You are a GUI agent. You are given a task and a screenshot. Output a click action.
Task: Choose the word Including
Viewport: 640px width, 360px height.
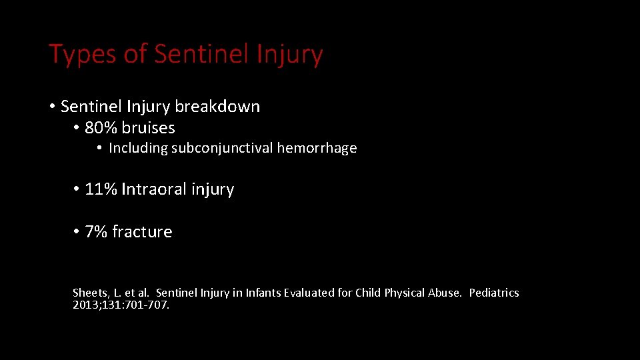coord(137,148)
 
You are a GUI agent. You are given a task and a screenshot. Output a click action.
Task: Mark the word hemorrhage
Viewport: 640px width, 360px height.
coord(317,148)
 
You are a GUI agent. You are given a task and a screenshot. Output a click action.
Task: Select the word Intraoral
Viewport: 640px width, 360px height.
coord(145,189)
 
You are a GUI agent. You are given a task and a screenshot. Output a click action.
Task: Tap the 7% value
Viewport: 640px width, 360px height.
coord(96,232)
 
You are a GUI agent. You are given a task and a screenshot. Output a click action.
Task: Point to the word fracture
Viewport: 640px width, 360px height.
coord(142,232)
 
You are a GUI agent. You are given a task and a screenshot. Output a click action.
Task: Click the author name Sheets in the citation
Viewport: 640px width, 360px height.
coord(89,293)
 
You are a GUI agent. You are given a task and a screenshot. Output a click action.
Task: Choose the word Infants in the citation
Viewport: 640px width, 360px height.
coord(267,293)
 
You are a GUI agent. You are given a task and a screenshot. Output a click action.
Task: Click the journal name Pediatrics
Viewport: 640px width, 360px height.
coord(493,293)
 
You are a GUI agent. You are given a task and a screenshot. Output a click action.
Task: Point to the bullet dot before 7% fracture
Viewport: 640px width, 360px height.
coord(77,232)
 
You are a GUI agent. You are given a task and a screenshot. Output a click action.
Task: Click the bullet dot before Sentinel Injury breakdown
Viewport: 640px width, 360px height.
coord(52,107)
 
